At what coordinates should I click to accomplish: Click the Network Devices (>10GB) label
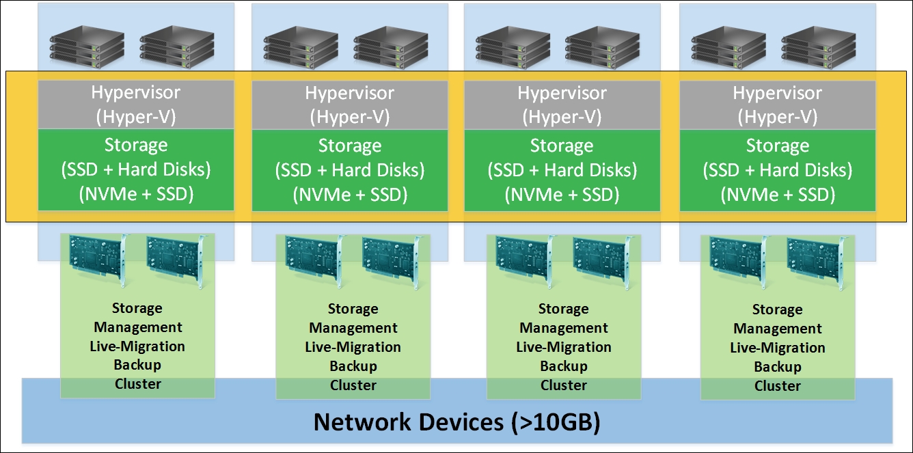(x=457, y=422)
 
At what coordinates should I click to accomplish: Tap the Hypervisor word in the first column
(x=136, y=93)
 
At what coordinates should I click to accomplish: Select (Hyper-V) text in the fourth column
(x=777, y=117)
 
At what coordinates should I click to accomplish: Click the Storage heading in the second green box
(x=350, y=146)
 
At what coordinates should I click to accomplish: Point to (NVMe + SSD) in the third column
(x=562, y=195)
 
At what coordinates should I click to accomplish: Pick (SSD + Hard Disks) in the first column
(x=136, y=169)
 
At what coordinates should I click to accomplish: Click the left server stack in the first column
(x=77, y=46)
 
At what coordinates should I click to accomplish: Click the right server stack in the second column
(x=381, y=46)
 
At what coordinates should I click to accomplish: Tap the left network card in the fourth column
(x=739, y=261)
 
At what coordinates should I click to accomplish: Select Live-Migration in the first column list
(x=137, y=346)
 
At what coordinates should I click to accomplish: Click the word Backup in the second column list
(x=353, y=366)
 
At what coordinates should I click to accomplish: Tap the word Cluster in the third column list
(x=564, y=385)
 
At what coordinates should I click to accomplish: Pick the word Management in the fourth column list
(x=778, y=329)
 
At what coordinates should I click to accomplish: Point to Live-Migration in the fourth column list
(x=778, y=348)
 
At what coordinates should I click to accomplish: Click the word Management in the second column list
(x=353, y=328)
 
